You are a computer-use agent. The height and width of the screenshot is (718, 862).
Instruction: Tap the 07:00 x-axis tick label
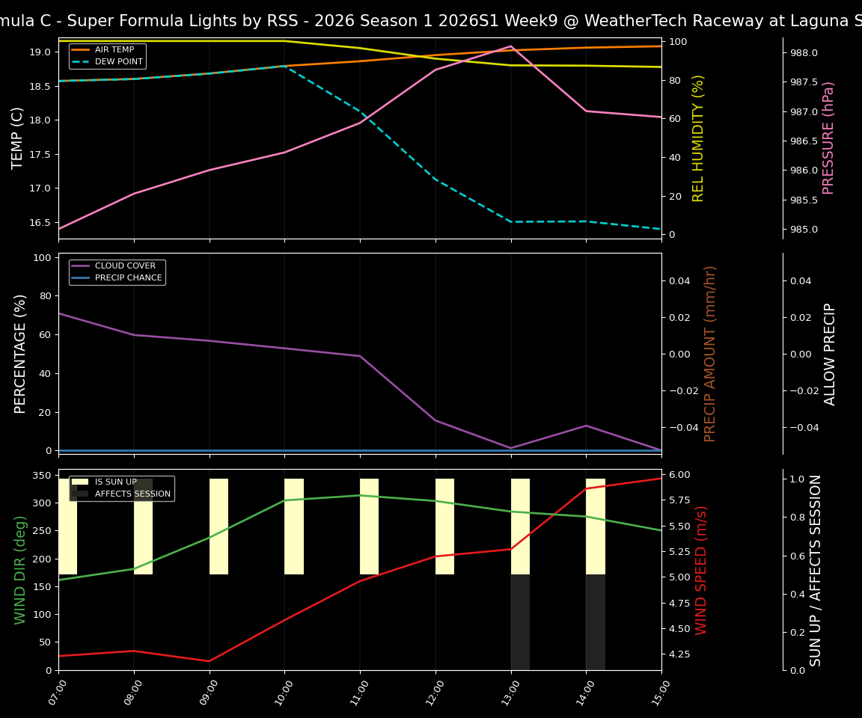pyautogui.click(x=55, y=692)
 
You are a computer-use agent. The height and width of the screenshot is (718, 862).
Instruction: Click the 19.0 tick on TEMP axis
pyautogui.click(x=40, y=52)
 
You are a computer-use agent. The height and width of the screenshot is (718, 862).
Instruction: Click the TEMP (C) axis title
pyautogui.click(x=19, y=138)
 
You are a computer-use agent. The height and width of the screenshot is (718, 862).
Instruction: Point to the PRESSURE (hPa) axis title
pyautogui.click(x=828, y=138)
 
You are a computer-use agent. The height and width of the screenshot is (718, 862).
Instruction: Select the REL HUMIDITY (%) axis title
pyautogui.click(x=699, y=138)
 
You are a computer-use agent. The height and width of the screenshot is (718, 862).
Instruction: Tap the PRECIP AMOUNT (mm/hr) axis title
pyautogui.click(x=711, y=353)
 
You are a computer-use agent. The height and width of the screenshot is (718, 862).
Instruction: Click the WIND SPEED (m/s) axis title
pyautogui.click(x=702, y=570)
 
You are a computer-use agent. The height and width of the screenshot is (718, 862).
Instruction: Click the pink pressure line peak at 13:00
pyautogui.click(x=511, y=46)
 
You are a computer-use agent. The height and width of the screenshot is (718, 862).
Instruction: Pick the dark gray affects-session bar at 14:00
pyautogui.click(x=596, y=622)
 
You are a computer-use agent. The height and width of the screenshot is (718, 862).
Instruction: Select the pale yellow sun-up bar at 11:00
pyautogui.click(x=369, y=527)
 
